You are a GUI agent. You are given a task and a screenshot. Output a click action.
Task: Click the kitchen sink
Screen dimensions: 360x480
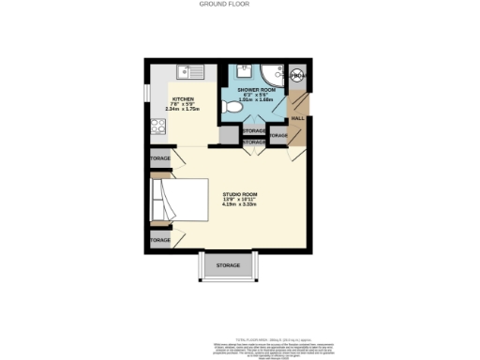191,69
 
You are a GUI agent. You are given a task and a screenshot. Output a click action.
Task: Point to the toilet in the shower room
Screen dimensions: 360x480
237,109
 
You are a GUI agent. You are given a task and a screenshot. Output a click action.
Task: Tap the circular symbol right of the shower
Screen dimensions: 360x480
298,76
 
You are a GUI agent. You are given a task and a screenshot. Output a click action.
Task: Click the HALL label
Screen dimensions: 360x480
297,118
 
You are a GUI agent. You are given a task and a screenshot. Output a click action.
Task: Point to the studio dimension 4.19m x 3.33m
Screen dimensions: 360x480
239,205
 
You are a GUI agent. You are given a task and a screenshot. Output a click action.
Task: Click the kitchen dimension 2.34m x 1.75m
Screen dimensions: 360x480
183,110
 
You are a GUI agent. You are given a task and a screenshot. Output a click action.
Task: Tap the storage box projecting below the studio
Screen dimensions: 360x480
228,266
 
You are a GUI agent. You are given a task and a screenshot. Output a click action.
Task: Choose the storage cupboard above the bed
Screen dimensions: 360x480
159,159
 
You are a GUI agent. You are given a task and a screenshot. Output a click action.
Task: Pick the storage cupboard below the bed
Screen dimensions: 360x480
159,240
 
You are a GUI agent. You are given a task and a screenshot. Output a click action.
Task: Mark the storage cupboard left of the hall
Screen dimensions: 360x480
277,136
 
